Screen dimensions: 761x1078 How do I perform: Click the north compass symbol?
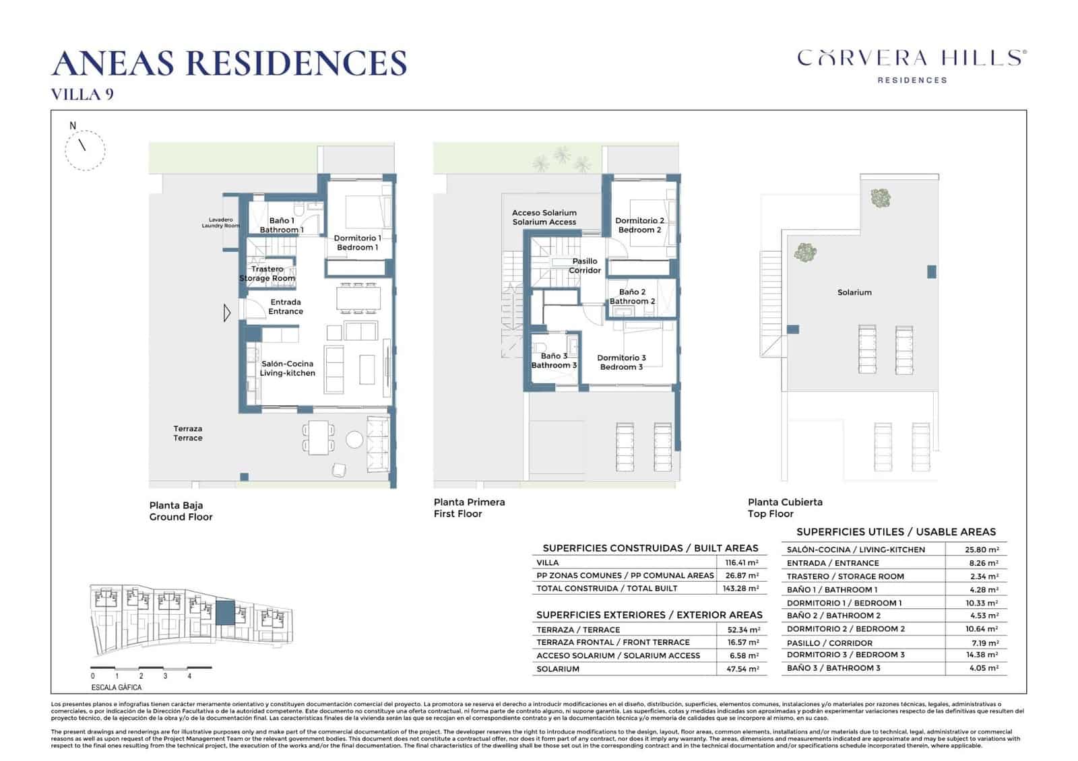(85, 150)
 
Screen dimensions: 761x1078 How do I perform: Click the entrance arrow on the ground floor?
(227, 312)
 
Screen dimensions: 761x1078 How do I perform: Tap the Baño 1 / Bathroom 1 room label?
(282, 225)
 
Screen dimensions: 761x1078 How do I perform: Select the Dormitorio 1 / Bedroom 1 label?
(357, 242)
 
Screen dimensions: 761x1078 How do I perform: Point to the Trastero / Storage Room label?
(267, 273)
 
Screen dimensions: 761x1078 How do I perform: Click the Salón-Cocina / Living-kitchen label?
(287, 368)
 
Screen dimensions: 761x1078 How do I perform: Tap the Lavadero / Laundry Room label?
(220, 222)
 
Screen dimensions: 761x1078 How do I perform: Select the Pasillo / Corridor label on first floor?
(584, 265)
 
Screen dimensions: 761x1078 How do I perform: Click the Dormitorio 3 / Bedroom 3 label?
(621, 362)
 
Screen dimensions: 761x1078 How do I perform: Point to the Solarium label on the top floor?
(854, 292)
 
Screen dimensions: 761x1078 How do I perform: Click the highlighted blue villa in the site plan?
(224, 613)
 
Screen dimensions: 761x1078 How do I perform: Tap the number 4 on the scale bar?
(189, 675)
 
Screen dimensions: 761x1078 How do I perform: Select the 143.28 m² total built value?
(741, 589)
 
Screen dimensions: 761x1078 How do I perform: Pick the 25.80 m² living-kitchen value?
(982, 550)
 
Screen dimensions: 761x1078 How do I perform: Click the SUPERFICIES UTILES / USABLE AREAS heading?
(895, 532)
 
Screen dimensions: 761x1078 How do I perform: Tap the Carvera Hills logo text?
(912, 58)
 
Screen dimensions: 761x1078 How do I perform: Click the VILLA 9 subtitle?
(82, 94)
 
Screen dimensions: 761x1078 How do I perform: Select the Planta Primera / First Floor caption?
(469, 508)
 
